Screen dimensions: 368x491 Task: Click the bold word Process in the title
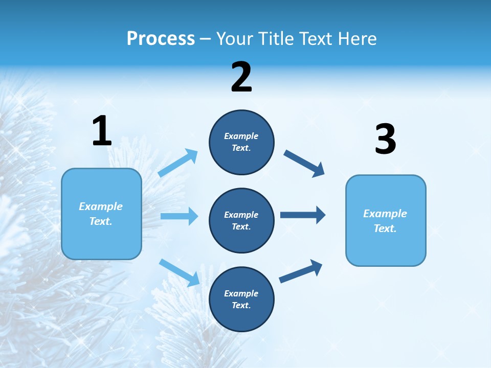(x=161, y=38)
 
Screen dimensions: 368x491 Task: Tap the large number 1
(x=102, y=131)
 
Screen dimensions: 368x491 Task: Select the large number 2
(x=241, y=77)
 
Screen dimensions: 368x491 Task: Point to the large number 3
(x=385, y=140)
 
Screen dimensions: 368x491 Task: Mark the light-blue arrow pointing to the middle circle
(x=179, y=216)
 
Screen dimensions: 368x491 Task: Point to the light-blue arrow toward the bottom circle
(x=179, y=272)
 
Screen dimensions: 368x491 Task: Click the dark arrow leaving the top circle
(x=304, y=163)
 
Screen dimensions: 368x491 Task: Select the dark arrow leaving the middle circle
(x=303, y=215)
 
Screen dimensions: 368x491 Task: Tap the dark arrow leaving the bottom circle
(x=301, y=271)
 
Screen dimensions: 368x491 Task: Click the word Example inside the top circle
(x=241, y=136)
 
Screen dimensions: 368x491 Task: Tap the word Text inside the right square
(x=385, y=228)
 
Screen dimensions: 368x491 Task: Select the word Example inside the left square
(x=101, y=206)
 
